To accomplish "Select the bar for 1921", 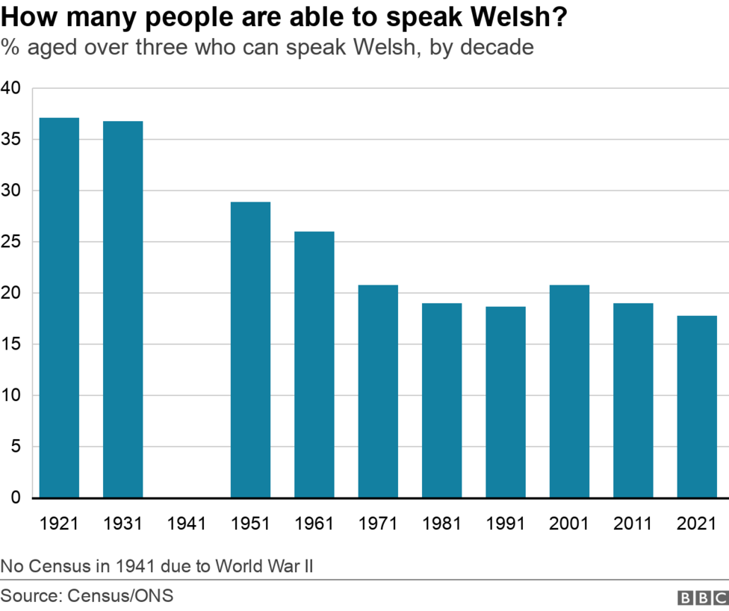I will [59, 308].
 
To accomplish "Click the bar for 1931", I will [123, 309].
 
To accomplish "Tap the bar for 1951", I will [250, 350].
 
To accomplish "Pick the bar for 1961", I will [314, 365].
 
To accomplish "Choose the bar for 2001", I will [569, 391].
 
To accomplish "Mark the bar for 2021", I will [697, 406].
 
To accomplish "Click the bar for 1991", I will [506, 402].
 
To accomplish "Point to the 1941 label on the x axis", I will [187, 524].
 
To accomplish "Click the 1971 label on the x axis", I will [378, 524].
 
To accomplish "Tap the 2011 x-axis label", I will [633, 524].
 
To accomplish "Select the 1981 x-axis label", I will [442, 524].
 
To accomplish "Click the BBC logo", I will [702, 598].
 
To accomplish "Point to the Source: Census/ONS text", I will [87, 596].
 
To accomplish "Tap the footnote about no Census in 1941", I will [157, 565].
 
